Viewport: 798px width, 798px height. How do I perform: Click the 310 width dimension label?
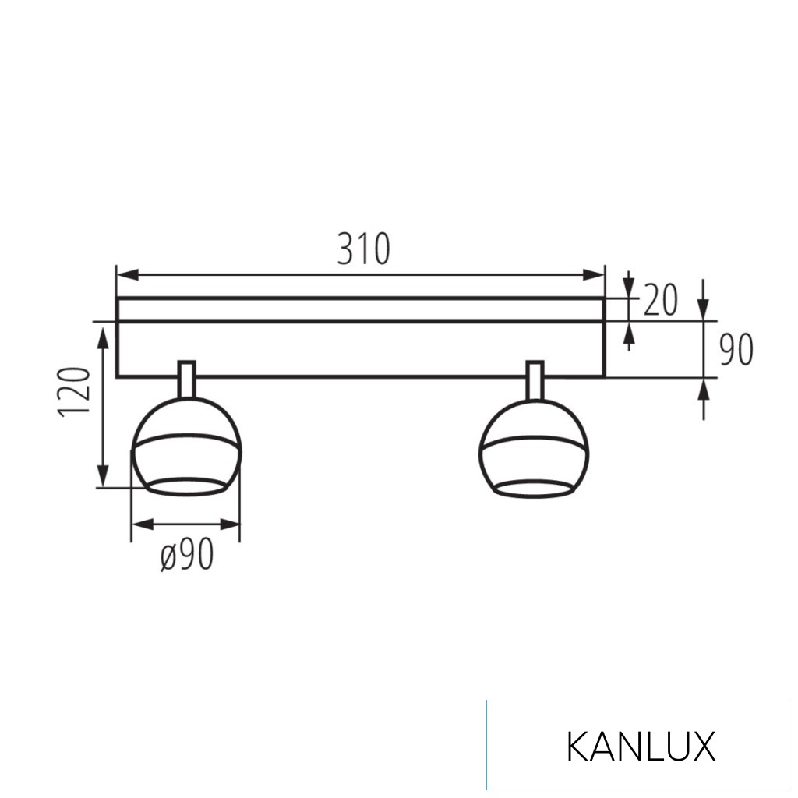(x=363, y=249)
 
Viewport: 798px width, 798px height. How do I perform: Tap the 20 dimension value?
(x=660, y=300)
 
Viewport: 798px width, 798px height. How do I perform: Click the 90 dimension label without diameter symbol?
(x=736, y=351)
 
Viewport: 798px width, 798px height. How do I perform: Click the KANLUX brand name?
(x=640, y=747)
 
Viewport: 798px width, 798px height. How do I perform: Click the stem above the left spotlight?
(x=187, y=380)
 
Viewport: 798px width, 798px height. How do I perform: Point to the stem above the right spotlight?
(x=535, y=380)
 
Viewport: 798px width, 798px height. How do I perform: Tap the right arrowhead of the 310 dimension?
(x=595, y=275)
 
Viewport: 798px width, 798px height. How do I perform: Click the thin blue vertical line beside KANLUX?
(x=487, y=744)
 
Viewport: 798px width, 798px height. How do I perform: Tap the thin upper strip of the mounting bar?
(x=360, y=309)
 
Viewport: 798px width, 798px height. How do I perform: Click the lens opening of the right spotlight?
(x=534, y=489)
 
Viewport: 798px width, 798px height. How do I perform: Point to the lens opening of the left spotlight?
(x=186, y=488)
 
